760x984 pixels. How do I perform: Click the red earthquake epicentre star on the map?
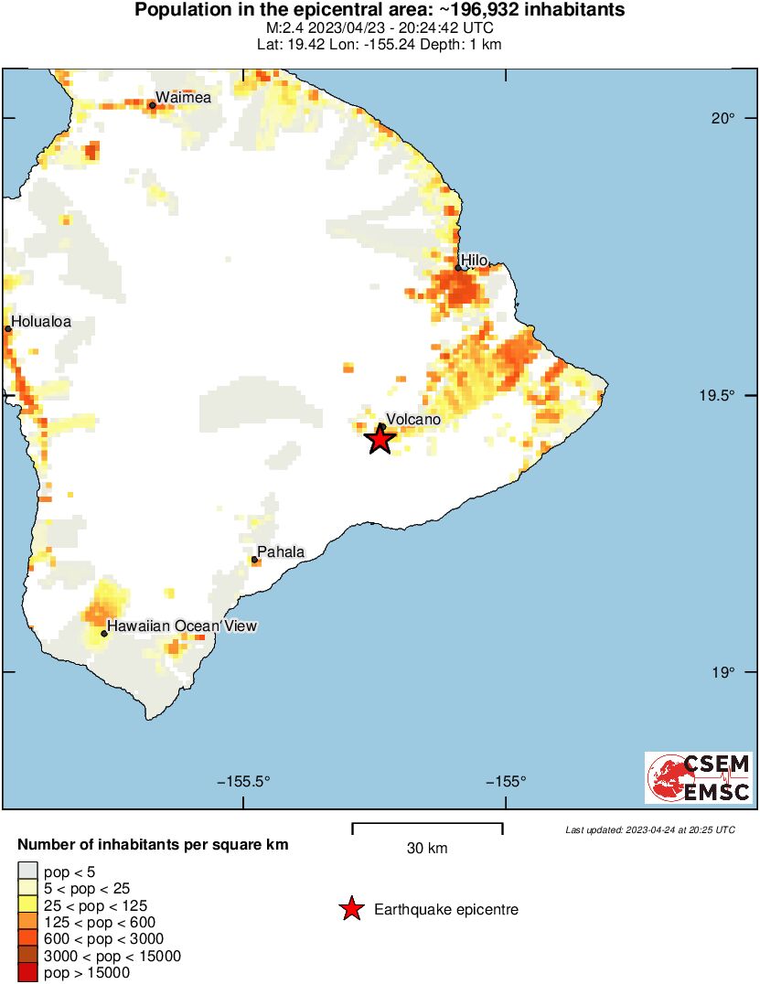tap(380, 439)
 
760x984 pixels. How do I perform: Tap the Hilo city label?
tap(474, 261)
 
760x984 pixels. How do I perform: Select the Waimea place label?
tap(183, 97)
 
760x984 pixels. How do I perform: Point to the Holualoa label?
tap(41, 321)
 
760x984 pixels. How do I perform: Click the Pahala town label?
tap(280, 551)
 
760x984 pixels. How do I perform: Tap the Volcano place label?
tap(412, 420)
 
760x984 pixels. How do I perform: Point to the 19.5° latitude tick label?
tap(720, 395)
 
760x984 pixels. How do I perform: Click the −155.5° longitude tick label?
tap(243, 782)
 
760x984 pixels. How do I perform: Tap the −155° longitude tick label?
tap(505, 782)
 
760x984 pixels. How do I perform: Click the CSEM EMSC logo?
tap(699, 777)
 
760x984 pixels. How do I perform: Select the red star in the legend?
tap(351, 909)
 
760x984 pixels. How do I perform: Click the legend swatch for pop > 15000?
tap(27, 973)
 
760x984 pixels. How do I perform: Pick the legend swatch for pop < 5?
tap(27, 871)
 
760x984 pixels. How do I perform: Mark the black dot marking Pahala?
tap(254, 560)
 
